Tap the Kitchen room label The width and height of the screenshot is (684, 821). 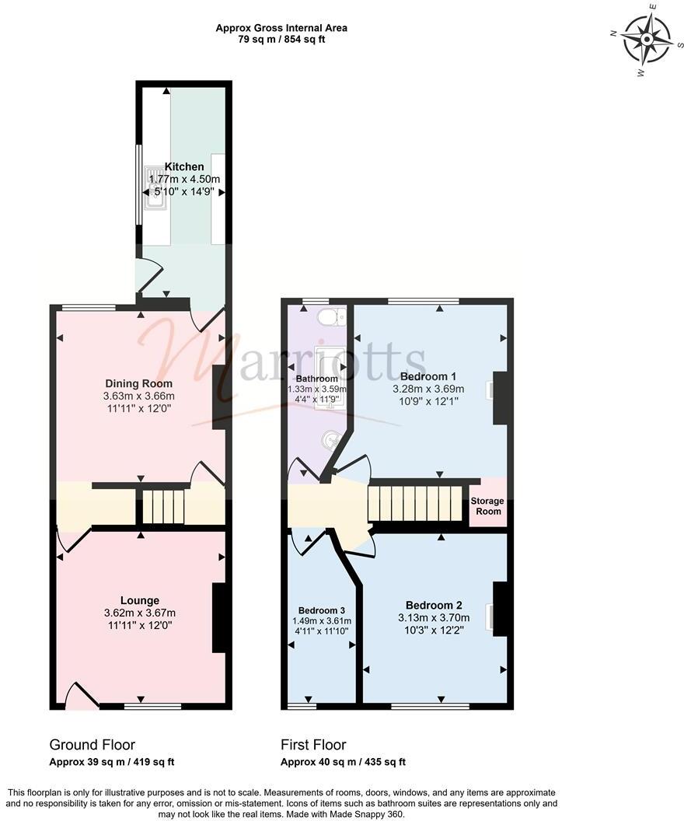coord(184,166)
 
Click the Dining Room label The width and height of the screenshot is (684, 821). coord(139,383)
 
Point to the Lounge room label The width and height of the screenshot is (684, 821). coord(140,600)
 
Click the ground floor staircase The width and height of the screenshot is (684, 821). coord(163,506)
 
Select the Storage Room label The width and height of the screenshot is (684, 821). coord(487,506)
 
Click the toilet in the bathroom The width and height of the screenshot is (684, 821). coord(333,316)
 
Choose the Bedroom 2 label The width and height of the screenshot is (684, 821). coord(434,605)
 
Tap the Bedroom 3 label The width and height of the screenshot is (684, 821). coord(320,610)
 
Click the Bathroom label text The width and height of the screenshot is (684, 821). coord(316,379)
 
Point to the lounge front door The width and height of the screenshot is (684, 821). coord(81,696)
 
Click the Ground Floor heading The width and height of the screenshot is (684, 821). coord(92,745)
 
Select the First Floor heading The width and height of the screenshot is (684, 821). coord(313,745)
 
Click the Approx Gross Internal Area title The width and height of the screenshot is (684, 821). coord(281,28)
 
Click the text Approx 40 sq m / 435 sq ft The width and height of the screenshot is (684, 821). coord(343,763)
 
